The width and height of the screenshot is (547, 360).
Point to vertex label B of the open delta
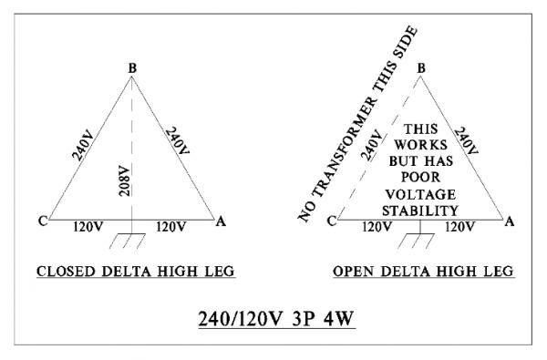420,66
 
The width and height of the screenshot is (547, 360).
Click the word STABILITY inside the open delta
418,211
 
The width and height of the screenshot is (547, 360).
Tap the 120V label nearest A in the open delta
465,224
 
